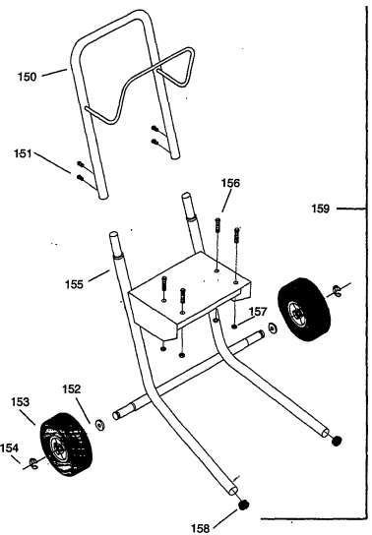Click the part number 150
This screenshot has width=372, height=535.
point(27,77)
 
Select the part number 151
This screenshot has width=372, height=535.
point(23,153)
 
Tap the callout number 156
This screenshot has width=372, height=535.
point(230,183)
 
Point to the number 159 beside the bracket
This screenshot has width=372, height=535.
point(321,208)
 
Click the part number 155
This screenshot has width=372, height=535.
point(74,284)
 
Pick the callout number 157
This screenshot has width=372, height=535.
point(258,311)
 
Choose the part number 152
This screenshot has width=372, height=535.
point(71,389)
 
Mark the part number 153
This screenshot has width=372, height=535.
point(21,401)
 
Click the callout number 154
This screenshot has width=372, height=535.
point(9,447)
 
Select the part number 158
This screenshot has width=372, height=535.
point(200,528)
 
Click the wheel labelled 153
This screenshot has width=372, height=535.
point(66,445)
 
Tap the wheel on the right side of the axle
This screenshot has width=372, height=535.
point(304,310)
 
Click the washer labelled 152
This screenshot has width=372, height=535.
point(100,425)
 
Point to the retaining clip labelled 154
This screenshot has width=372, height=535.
point(33,463)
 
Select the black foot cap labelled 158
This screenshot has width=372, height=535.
point(243,505)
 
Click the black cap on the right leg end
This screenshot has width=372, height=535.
point(337,441)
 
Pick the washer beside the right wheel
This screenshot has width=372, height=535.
point(273,327)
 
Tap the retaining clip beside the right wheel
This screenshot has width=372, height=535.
point(337,290)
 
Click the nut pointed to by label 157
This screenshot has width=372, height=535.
point(234,327)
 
